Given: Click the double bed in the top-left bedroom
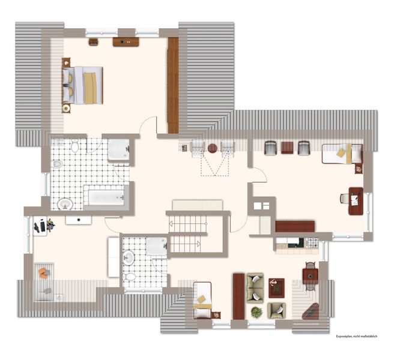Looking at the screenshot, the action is point(82,86).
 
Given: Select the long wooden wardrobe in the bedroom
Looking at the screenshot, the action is point(173,86).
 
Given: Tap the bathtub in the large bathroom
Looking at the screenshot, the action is point(106,197).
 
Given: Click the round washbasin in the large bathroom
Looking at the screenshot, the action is point(65,204).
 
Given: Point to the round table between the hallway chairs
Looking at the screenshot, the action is point(213,148).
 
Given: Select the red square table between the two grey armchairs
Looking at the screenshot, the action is point(287,148).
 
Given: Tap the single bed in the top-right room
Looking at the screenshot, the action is point(342,154).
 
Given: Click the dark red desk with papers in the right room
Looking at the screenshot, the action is point(356,201).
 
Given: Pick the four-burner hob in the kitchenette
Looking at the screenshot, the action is point(313,242).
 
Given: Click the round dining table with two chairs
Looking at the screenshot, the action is point(311,276).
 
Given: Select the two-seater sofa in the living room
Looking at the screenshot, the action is point(255,288).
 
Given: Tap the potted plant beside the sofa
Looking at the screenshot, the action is point(256,313).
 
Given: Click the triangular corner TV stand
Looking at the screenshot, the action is point(311,311).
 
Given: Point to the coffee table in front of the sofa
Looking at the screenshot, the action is point(276,288).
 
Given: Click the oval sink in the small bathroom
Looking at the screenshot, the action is point(129,257).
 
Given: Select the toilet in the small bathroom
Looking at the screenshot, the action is point(129,277).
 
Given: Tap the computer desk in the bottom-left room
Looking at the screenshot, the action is point(40,226).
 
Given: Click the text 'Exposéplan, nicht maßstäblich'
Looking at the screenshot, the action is point(357,336).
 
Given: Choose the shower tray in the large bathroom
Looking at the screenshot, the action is point(118,149).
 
